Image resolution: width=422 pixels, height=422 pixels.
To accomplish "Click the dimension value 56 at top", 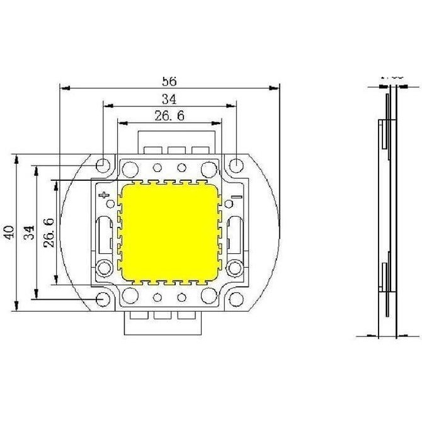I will click(169, 81).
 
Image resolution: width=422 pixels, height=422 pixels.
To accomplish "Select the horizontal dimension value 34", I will click(169, 99).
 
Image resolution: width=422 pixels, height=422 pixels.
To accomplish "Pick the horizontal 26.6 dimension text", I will click(168, 115).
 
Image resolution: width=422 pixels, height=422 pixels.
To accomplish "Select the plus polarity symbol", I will click(104, 196).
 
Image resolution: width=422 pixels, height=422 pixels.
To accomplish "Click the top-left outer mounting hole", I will click(103, 166).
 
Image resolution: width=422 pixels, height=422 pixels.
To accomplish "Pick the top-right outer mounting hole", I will click(236, 166).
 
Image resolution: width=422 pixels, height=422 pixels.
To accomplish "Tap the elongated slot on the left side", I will click(104, 234).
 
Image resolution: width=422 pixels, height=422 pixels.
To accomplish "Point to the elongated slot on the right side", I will click(234, 234).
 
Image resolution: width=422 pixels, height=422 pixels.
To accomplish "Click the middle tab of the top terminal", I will click(176, 149).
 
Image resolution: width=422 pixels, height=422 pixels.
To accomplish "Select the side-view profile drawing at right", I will click(388, 208).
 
